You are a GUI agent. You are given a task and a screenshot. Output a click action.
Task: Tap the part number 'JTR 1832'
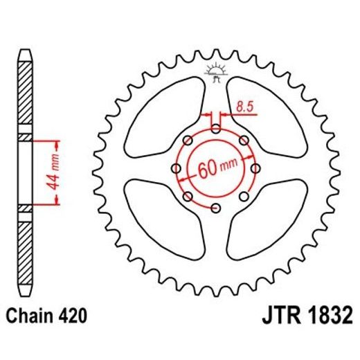[307, 317]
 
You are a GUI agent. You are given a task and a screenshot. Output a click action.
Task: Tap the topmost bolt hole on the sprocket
[216, 129]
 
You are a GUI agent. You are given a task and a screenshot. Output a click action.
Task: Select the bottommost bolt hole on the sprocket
[216, 208]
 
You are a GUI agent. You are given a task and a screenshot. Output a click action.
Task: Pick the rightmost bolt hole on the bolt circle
[256, 168]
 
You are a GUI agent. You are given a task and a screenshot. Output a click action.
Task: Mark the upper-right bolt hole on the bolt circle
[244, 141]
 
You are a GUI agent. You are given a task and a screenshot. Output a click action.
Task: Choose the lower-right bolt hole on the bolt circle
[244, 197]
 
